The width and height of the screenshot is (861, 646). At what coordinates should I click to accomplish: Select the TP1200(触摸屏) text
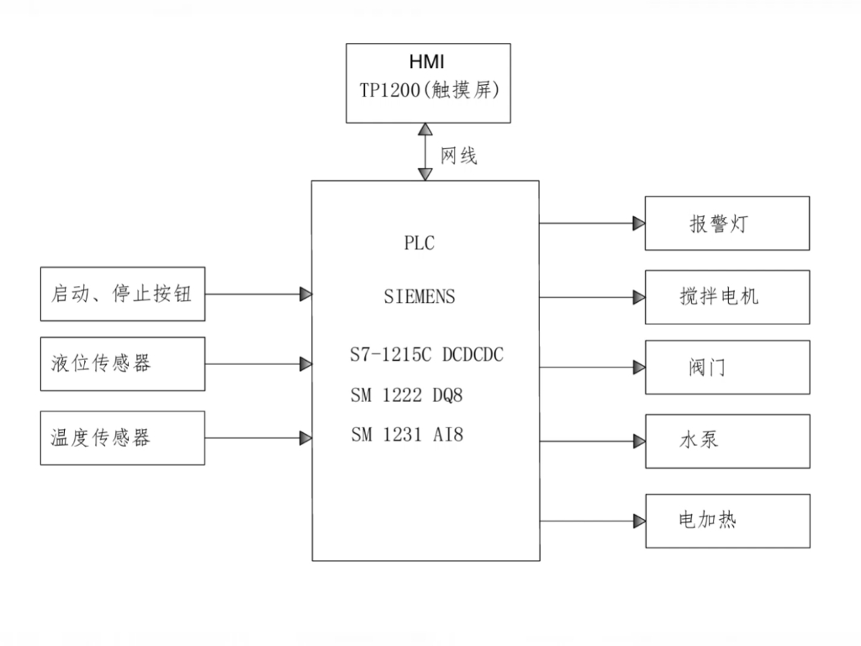coord(429,91)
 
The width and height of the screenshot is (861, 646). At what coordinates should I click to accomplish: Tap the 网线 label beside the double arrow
coord(459,156)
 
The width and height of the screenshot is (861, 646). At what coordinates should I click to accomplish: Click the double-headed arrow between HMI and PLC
coord(425,152)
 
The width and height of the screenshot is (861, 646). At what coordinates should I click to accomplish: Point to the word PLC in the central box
coord(420,244)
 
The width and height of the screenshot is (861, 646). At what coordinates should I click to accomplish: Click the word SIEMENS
coord(420,297)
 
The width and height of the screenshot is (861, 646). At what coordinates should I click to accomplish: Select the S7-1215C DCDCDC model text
coord(426,355)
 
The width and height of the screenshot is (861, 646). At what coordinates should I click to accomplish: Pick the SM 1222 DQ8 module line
coord(407,395)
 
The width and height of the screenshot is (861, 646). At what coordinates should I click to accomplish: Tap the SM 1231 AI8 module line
coord(407,436)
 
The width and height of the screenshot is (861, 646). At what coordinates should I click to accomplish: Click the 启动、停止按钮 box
coord(123,294)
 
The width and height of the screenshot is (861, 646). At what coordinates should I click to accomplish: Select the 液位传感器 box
coord(123,364)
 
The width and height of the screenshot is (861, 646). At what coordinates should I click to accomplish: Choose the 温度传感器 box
coord(123,437)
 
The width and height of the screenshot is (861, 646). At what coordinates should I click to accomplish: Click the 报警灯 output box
coord(727,224)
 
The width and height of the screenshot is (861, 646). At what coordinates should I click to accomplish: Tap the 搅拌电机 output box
coord(727,297)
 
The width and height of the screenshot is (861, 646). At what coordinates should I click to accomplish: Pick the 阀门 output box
coord(727,368)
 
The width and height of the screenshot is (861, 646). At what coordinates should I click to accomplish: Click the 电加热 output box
coord(727,521)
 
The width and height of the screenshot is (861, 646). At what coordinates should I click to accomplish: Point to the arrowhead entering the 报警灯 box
coord(639,224)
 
